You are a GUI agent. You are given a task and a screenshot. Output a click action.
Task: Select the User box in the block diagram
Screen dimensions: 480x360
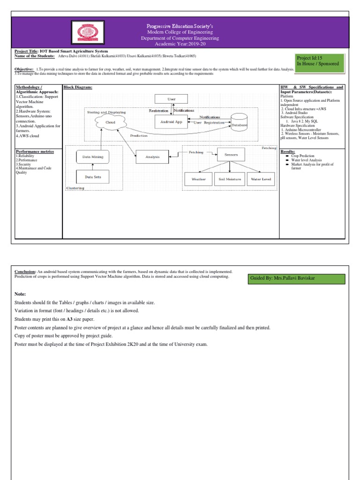tap(171, 99)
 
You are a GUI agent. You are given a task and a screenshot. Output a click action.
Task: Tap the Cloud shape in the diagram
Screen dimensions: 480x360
tap(110, 122)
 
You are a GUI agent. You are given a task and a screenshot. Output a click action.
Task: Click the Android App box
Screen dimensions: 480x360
tap(171, 122)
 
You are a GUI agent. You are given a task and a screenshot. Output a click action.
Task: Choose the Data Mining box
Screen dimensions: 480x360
tap(93, 157)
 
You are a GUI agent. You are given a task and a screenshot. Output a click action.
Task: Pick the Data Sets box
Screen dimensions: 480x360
tap(93, 177)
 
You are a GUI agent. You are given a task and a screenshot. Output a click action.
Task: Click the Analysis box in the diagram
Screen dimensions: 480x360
tap(152, 157)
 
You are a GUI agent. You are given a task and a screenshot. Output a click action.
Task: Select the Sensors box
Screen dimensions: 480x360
tap(231, 154)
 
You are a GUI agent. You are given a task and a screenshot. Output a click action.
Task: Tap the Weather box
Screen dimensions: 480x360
tap(198, 179)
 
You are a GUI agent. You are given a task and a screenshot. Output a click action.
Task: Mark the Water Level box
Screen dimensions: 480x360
tap(261, 179)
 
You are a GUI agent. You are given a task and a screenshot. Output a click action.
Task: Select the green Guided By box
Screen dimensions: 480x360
tap(297, 279)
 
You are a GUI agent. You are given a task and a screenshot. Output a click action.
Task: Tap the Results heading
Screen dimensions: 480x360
tap(288, 152)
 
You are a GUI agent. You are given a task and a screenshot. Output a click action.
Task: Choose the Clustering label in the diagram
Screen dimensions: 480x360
tap(75, 187)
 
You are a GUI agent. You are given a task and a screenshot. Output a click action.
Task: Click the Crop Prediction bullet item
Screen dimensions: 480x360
tap(303, 156)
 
